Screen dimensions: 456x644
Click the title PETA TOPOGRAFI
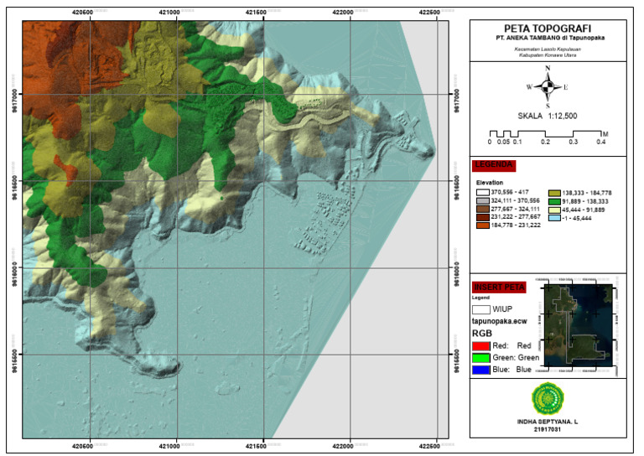point(547,27)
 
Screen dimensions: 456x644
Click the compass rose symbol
point(547,85)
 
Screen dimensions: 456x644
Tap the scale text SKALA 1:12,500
point(547,116)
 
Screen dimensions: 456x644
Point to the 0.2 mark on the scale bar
point(546,142)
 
